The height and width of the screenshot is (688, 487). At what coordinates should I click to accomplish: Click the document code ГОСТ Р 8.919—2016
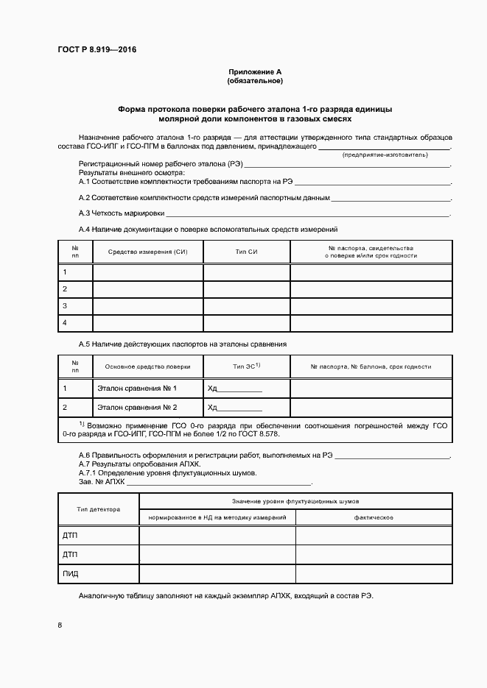(x=97, y=50)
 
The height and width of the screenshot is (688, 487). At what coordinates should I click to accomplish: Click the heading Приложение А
(x=255, y=71)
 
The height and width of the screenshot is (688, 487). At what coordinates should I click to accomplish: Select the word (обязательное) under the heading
(x=255, y=80)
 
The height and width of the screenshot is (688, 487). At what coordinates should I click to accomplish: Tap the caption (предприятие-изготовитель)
(x=384, y=155)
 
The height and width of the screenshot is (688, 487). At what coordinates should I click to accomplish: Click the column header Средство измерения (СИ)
(x=147, y=252)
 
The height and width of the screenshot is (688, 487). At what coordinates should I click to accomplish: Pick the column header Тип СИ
(x=246, y=252)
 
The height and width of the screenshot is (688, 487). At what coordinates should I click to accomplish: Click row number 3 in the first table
(x=66, y=305)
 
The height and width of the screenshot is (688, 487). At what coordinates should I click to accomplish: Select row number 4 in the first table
(x=66, y=323)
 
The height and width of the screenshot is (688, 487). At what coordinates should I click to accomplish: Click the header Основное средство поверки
(x=147, y=366)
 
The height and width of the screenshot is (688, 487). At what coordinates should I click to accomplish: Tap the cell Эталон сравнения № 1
(x=137, y=388)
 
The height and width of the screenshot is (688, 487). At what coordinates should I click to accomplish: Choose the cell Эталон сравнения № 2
(x=137, y=407)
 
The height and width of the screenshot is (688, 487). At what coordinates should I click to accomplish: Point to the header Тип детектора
(x=98, y=509)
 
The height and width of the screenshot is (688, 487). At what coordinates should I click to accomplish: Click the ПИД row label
(x=71, y=573)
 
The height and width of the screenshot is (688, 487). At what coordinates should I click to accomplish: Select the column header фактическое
(x=374, y=518)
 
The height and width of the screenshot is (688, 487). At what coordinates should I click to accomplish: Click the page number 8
(x=60, y=625)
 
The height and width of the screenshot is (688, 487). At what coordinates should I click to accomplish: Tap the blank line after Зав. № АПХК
(x=219, y=483)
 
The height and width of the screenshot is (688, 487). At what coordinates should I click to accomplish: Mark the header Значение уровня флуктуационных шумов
(x=295, y=500)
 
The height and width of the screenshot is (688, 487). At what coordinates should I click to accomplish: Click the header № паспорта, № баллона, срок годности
(x=371, y=366)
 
